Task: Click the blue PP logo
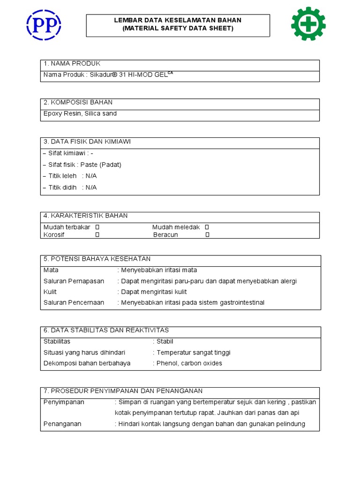44,24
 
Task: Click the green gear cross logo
308,23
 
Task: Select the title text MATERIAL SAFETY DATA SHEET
178,29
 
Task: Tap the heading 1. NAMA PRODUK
72,64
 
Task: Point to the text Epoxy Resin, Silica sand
80,113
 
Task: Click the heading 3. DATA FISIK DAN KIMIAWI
87,142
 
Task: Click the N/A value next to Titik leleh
91,176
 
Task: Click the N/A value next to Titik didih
91,187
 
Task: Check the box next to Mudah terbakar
97,227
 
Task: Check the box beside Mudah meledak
207,227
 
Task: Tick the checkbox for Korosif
97,235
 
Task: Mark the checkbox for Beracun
207,235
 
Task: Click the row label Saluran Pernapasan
74,281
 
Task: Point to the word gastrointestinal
242,303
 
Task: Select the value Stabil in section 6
165,341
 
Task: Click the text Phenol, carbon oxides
189,363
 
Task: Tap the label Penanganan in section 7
62,424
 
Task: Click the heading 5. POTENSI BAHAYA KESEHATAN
97,259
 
